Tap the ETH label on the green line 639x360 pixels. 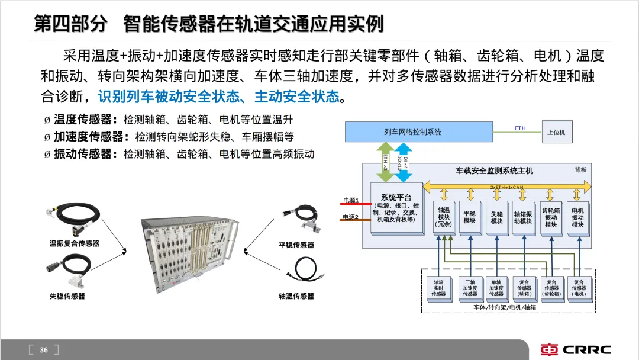click(520, 128)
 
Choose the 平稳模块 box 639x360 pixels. click(470, 217)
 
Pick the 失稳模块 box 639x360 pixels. click(496, 217)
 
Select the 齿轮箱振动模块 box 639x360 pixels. click(551, 217)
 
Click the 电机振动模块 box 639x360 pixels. click(577, 217)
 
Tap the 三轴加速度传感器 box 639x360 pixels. click(470, 288)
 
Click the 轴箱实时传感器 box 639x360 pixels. click(438, 288)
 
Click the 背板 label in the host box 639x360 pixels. click(580, 169)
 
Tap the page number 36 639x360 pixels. click(44, 350)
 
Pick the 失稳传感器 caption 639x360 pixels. click(67, 295)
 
